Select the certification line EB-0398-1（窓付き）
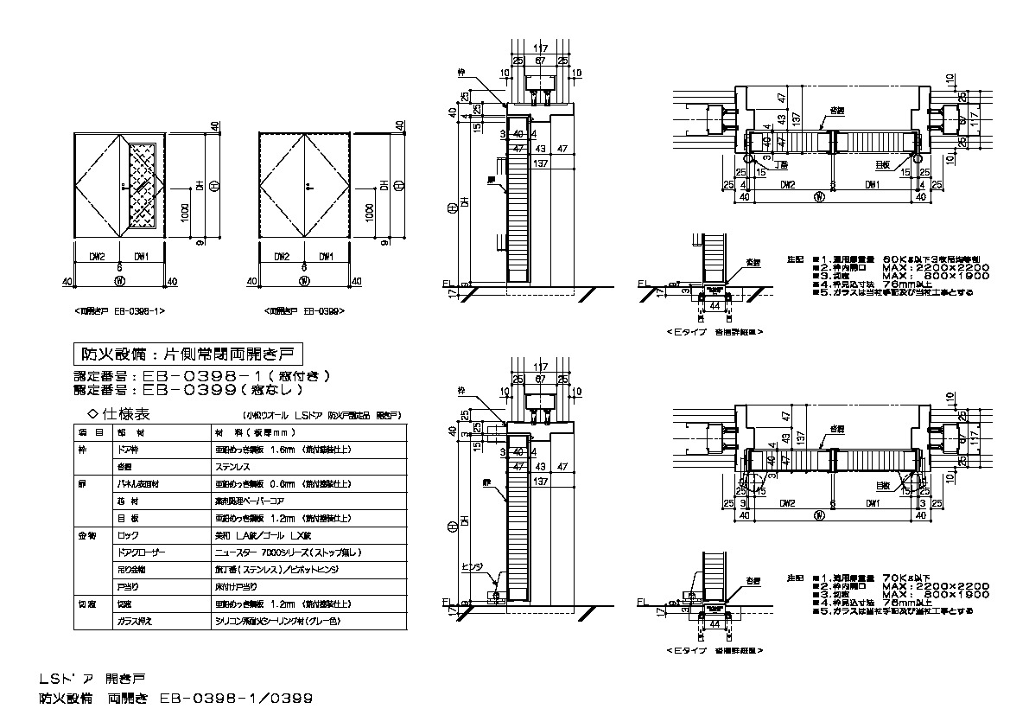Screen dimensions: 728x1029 coord(203,376)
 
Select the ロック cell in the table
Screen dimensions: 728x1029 coord(127,535)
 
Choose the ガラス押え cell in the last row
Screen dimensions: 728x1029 coord(133,622)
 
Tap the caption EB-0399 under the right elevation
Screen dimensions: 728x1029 coord(305,310)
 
